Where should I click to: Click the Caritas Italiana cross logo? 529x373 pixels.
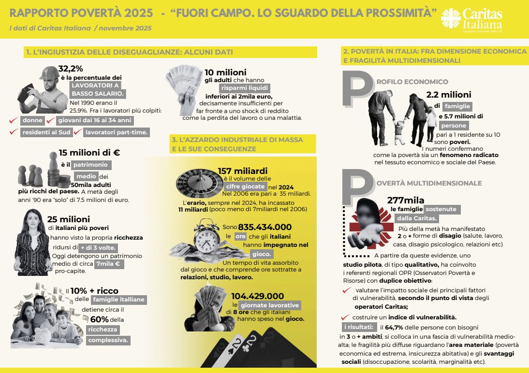tap(451, 18)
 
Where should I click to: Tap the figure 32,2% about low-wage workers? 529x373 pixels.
tap(71, 69)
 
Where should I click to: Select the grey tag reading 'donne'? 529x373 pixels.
tap(33, 120)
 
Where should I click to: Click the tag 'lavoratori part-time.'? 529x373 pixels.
tap(117, 132)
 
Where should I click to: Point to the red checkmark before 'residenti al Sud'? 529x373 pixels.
tap(14, 131)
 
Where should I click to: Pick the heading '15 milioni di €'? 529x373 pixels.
tap(89, 153)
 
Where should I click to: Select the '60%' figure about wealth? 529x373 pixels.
tap(99, 319)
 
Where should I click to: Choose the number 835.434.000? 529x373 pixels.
tap(264, 227)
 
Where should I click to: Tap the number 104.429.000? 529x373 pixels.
tap(257, 296)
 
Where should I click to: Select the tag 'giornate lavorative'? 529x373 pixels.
tap(269, 305)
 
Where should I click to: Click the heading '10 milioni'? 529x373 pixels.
tap(225, 72)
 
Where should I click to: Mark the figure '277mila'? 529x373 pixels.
tap(406, 200)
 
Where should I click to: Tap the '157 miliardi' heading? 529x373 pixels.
tap(242, 171)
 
